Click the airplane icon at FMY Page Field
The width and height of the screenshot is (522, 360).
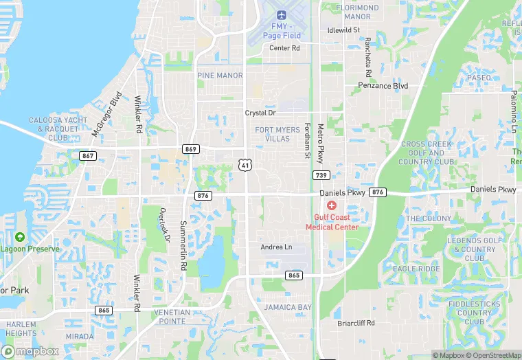click(x=281, y=15)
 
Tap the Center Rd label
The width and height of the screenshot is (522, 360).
click(x=284, y=48)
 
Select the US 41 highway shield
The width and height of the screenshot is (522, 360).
click(x=245, y=164)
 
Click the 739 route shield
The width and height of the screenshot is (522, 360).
click(x=320, y=175)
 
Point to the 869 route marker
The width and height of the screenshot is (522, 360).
click(x=191, y=149)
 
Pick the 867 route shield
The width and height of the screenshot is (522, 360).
click(x=87, y=156)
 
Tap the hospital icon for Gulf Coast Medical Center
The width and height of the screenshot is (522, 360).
click(x=332, y=206)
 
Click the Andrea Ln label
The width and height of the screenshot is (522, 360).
click(x=276, y=247)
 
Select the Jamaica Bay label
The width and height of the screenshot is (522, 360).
click(x=288, y=307)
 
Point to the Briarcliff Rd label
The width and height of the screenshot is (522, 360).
click(x=356, y=323)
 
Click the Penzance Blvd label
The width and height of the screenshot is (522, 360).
click(x=383, y=86)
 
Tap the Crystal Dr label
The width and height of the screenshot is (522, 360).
click(x=260, y=113)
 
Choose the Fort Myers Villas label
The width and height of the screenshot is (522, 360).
click(x=277, y=134)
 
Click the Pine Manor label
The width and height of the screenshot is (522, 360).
click(x=220, y=75)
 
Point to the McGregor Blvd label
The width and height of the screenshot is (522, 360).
click(x=106, y=114)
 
